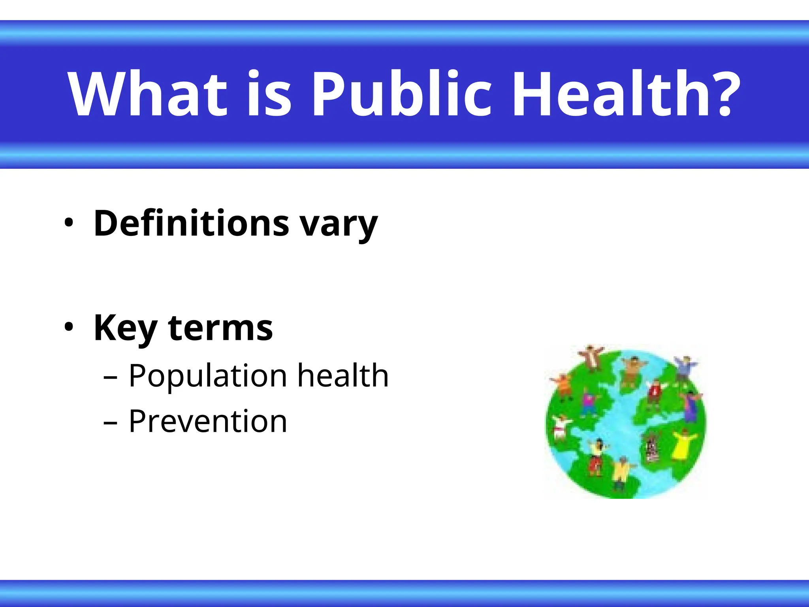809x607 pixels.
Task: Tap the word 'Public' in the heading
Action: click(x=401, y=94)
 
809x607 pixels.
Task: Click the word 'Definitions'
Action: click(x=191, y=223)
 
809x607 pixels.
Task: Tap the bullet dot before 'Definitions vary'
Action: click(x=69, y=223)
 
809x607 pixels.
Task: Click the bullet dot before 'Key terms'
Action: click(x=69, y=327)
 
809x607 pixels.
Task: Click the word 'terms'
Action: click(x=220, y=328)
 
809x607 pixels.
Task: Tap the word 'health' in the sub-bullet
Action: click(x=343, y=375)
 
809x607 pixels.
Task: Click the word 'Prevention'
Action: click(x=208, y=421)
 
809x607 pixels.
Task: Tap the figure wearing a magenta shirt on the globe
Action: click(x=589, y=403)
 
